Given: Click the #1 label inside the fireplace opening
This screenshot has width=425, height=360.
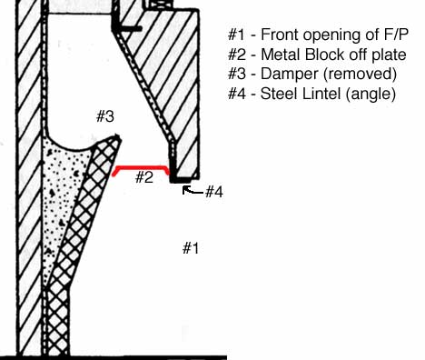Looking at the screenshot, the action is (191, 247).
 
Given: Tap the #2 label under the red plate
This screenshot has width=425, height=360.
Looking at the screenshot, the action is (143, 177).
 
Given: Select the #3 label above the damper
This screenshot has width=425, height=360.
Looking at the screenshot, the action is (105, 115).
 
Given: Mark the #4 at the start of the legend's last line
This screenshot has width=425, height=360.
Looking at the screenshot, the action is (237, 94).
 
